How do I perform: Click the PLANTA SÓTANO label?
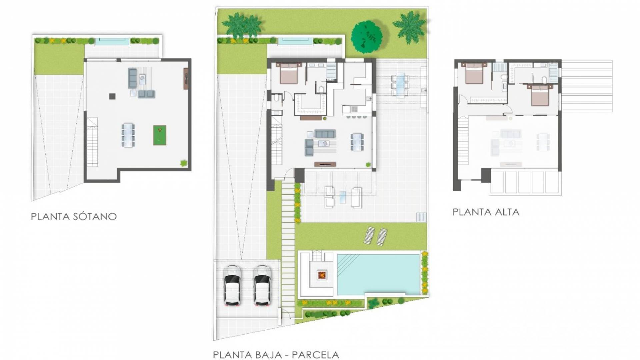click(74, 217)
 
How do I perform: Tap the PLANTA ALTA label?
click(486, 212)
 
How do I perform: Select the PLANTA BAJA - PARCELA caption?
click(276, 354)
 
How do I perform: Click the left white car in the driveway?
click(232, 286)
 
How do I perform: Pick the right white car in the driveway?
click(262, 286)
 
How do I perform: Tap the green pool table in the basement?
click(160, 135)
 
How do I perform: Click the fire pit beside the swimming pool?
click(322, 275)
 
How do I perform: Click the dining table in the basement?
click(128, 135)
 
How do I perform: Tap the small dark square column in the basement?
click(112, 96)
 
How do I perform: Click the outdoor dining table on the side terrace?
click(400, 85)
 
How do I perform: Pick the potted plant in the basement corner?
click(184, 163)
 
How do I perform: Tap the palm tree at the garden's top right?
click(409, 27)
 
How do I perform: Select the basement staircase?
click(92, 142)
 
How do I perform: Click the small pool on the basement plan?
click(112, 42)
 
